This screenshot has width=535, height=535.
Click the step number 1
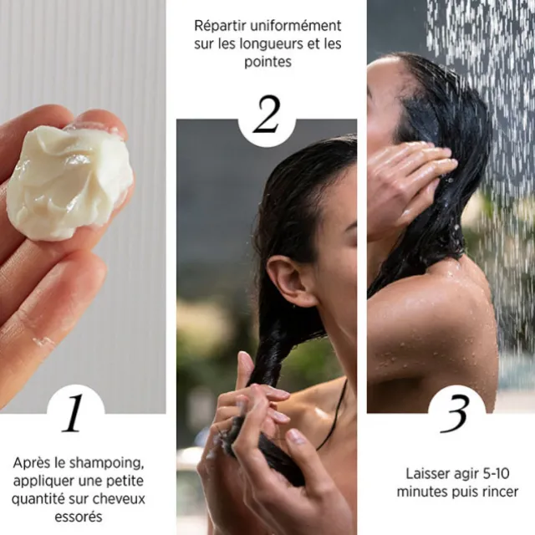[74, 412]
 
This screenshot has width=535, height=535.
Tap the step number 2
[266, 115]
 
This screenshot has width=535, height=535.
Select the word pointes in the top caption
[267, 62]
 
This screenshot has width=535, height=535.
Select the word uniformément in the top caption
[292, 25]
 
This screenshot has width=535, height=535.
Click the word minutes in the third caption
[421, 492]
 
